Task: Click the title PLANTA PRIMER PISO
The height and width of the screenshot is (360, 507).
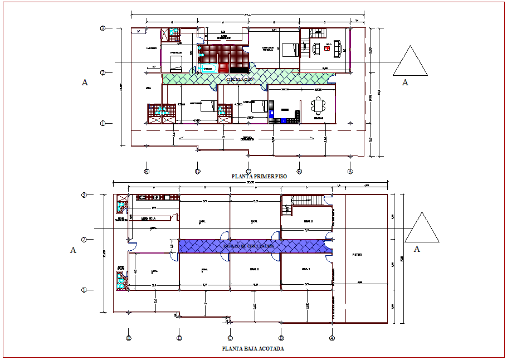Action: pyautogui.click(x=260, y=176)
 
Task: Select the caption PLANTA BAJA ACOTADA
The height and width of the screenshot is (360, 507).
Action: pyautogui.click(x=252, y=349)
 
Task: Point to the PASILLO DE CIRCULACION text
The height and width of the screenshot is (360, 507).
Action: pyautogui.click(x=248, y=246)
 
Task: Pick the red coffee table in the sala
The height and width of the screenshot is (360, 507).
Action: pyautogui.click(x=328, y=48)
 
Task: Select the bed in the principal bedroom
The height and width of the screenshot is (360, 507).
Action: pyautogui.click(x=289, y=50)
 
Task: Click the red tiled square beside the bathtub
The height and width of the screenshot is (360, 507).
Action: pyautogui.click(x=223, y=67)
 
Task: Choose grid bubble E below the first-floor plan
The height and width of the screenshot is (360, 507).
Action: pyautogui.click(x=147, y=171)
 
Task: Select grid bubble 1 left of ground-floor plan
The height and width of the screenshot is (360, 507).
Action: pyautogui.click(x=84, y=289)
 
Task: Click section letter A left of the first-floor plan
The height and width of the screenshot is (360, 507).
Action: pyautogui.click(x=85, y=83)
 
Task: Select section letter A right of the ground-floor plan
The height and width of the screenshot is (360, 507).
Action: pyautogui.click(x=417, y=250)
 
